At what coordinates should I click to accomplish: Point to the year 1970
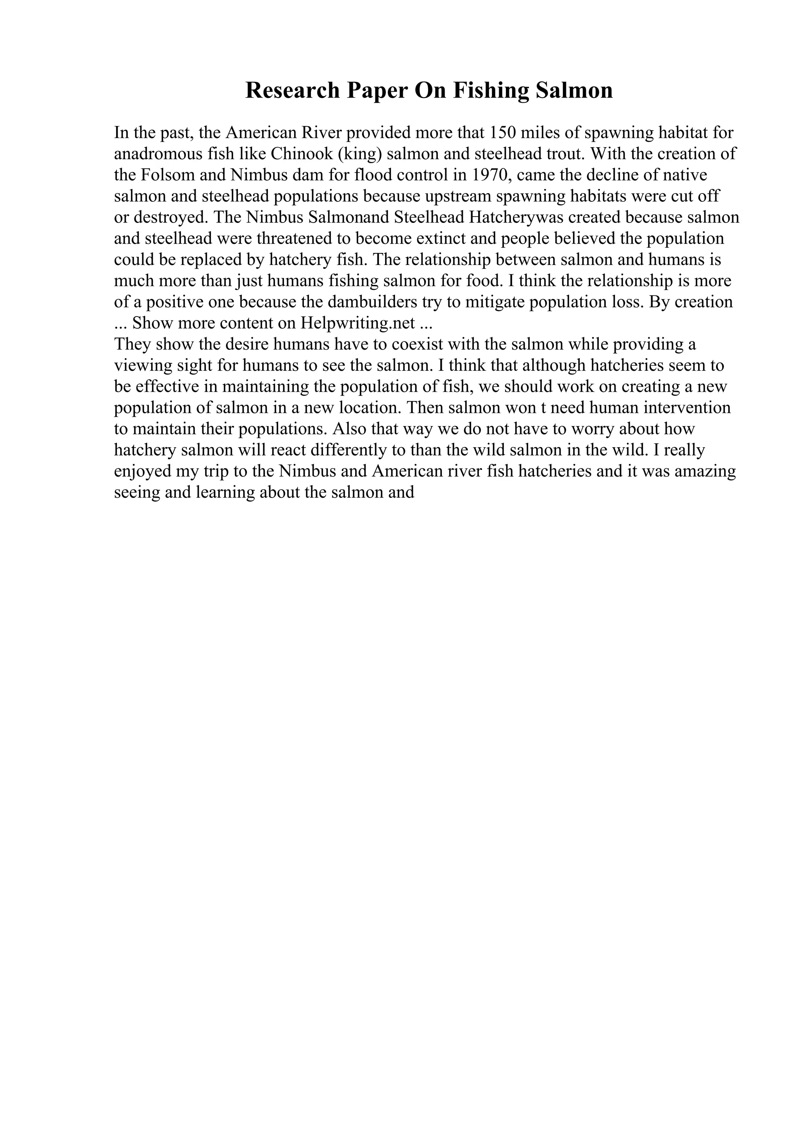click(489, 175)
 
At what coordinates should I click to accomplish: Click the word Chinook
click(302, 154)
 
